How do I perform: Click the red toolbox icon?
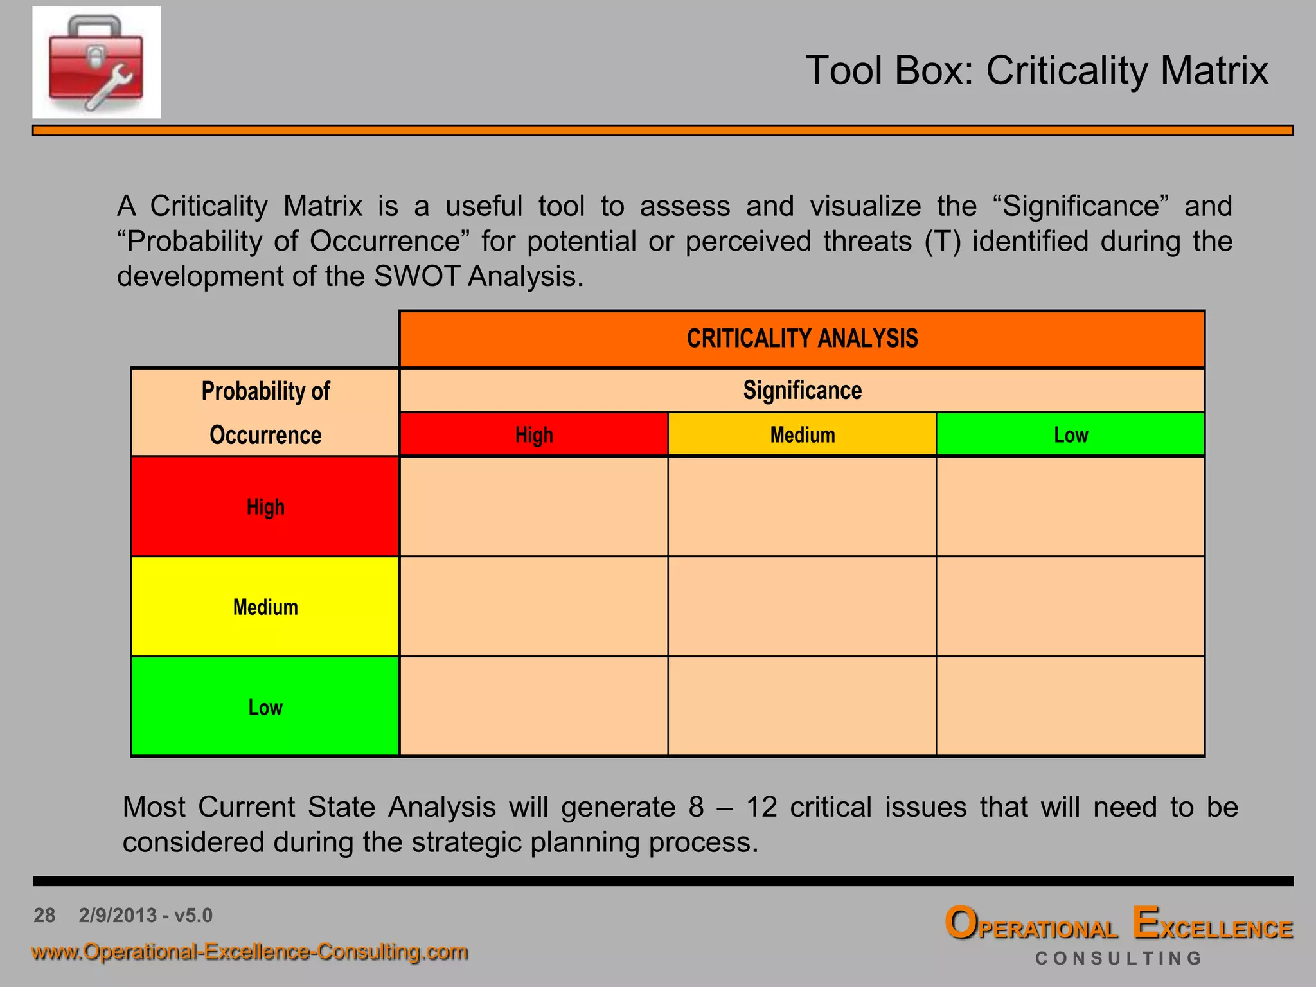click(x=96, y=62)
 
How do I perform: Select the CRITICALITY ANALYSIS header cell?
click(x=802, y=339)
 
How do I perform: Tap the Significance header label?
click(x=802, y=391)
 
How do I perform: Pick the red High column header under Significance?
click(x=533, y=435)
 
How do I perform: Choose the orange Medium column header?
click(x=802, y=435)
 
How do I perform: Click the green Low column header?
click(x=1071, y=435)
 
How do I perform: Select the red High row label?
click(x=265, y=507)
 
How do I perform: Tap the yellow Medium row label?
click(x=265, y=607)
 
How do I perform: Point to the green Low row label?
click(x=265, y=707)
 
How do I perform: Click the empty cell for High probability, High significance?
click(x=533, y=507)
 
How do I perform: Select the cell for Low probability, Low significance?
click(x=1071, y=707)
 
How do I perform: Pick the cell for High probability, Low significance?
click(x=1071, y=507)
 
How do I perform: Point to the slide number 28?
click(x=44, y=915)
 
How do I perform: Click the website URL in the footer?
click(x=249, y=951)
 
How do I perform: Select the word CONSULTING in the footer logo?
click(x=1118, y=958)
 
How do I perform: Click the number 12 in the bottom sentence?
click(x=761, y=807)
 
